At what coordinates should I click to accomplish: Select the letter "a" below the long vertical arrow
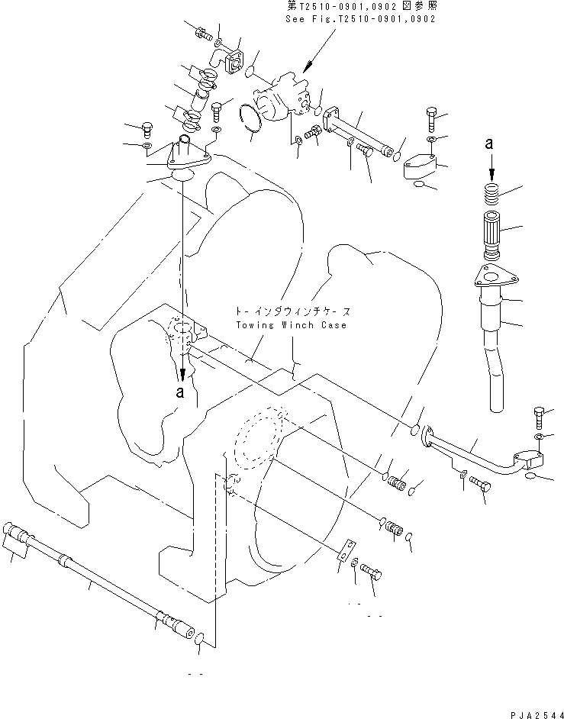coord(181,392)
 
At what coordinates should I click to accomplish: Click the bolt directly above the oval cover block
coord(431,118)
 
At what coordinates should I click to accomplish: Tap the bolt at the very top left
coord(202,32)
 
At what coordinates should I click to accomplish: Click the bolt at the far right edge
coord(540,417)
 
